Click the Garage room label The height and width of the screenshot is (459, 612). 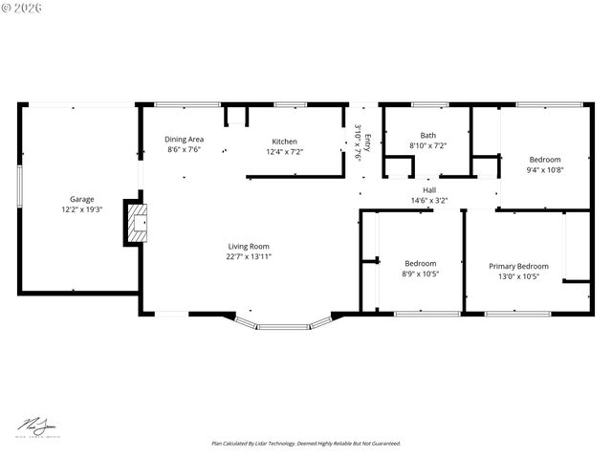tap(81, 200)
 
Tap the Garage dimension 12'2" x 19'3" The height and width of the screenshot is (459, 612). tap(81, 209)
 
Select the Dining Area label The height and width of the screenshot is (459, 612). tap(185, 140)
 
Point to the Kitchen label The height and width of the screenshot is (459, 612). tap(284, 142)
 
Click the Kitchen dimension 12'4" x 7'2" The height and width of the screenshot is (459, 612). tap(284, 151)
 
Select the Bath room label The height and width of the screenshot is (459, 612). tap(427, 135)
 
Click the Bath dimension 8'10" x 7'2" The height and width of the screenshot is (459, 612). tap(427, 145)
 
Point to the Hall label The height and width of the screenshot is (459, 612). tap(429, 190)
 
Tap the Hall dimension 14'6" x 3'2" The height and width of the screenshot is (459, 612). tap(429, 200)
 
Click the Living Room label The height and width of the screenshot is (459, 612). tap(249, 246)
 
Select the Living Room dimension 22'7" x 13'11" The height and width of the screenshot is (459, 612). tap(249, 256)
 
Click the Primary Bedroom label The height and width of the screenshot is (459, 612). tap(518, 266)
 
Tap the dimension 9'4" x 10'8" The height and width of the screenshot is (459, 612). tap(545, 169)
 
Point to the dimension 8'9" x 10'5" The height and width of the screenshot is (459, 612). tap(421, 274)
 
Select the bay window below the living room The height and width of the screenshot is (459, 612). tap(283, 323)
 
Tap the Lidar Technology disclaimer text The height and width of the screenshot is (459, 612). tap(306, 444)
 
